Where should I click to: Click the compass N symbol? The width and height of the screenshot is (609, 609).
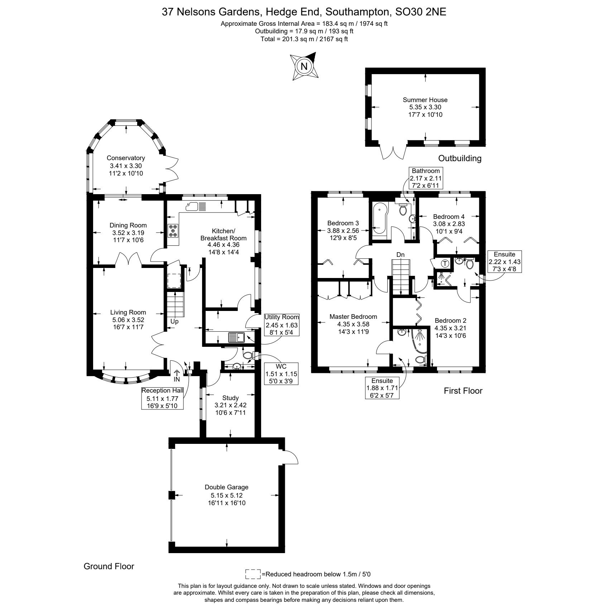click(x=304, y=66)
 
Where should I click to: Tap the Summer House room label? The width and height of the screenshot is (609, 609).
click(x=425, y=100)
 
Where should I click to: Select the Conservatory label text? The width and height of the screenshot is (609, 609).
click(x=126, y=158)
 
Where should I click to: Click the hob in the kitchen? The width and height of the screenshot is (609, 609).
click(x=173, y=230)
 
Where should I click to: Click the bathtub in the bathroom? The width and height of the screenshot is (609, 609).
click(x=379, y=219)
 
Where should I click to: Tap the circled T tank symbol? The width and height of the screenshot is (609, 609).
click(x=445, y=264)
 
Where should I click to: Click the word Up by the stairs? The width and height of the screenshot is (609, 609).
click(x=174, y=321)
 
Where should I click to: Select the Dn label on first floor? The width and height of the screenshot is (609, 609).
click(x=401, y=254)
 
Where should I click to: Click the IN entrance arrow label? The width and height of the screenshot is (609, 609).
click(x=177, y=379)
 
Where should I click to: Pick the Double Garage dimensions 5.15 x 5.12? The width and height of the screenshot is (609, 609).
click(x=226, y=495)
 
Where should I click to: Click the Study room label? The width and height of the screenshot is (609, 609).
click(x=230, y=398)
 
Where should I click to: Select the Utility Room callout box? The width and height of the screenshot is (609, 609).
click(x=282, y=325)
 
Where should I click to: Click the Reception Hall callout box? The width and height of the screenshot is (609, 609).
click(x=162, y=398)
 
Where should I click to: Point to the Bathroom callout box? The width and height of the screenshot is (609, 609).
click(x=426, y=178)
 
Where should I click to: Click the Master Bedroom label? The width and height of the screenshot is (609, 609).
click(x=353, y=317)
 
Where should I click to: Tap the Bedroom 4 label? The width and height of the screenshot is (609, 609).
click(x=449, y=217)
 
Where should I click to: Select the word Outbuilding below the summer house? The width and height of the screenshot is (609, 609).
click(x=460, y=158)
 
